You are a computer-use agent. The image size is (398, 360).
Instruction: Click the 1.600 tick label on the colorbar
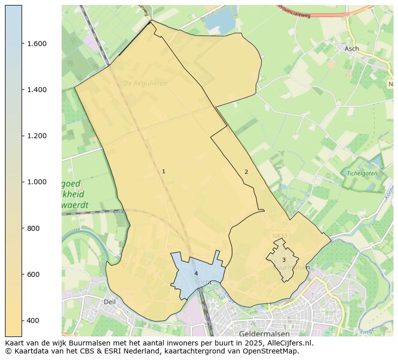tap(37, 44)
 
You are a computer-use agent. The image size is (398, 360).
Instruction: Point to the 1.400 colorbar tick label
tap(37, 90)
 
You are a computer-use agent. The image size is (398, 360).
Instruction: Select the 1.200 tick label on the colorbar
tap(37, 136)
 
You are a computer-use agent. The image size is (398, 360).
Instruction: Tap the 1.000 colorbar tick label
tap(37, 182)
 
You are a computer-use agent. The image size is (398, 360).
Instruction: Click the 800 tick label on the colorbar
tap(33, 228)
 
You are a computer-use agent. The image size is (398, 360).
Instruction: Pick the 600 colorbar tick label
tap(33, 274)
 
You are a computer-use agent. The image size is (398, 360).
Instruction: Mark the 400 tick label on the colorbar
tap(33, 320)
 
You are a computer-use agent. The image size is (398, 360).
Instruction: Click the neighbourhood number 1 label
tap(163, 172)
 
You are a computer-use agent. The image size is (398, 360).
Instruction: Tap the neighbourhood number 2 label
tap(246, 172)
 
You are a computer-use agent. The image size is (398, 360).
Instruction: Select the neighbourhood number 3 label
tap(284, 260)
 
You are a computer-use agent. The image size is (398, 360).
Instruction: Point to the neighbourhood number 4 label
tap(196, 273)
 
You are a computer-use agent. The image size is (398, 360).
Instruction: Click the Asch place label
tap(351, 49)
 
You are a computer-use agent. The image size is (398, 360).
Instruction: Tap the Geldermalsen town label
tap(264, 333)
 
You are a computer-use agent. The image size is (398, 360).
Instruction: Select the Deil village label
tap(109, 302)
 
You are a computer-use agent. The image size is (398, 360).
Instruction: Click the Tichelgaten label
tap(361, 173)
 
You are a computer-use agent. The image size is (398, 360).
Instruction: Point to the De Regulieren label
tap(145, 84)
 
